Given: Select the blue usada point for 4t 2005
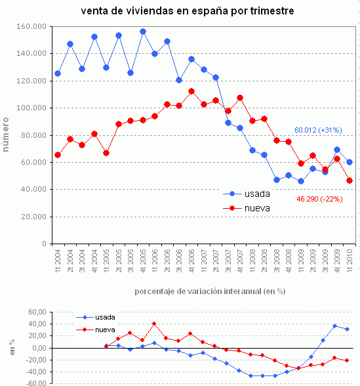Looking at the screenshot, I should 143,32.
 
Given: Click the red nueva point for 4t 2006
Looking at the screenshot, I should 191,91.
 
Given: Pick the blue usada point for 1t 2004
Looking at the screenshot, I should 58,74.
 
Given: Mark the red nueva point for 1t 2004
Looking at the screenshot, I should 58,155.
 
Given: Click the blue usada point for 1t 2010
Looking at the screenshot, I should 350,162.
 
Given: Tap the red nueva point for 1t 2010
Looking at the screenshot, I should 350,181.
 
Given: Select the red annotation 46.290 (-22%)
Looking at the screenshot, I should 323,198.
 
